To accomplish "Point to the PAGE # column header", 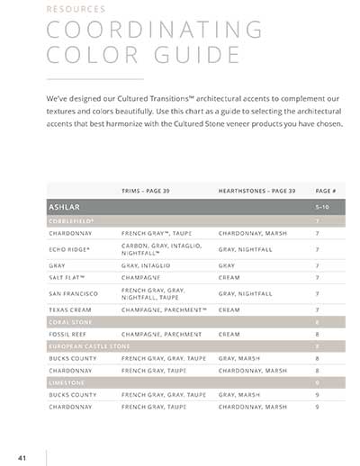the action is (x=326, y=191).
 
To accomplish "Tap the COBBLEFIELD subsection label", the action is (x=71, y=220).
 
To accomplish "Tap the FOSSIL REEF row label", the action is (x=67, y=334).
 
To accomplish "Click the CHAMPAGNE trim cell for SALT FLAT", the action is (x=140, y=279).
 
